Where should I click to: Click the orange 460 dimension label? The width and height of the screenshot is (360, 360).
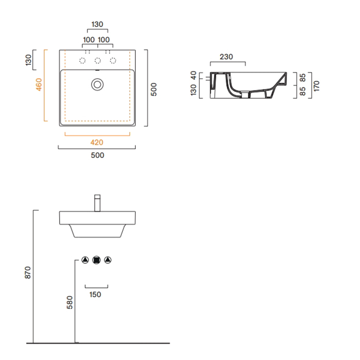(39, 84)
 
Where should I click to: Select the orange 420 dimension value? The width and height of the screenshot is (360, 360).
(97, 142)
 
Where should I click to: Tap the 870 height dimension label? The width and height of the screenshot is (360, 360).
(28, 273)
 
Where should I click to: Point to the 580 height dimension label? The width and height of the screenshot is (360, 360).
(69, 302)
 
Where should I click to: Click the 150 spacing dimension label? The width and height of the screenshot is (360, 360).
(95, 295)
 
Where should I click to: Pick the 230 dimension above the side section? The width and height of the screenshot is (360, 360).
(226, 57)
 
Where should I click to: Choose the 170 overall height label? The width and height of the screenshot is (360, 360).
(316, 86)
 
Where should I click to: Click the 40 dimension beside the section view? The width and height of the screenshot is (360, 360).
(193, 75)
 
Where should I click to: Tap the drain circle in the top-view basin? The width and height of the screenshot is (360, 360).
(97, 84)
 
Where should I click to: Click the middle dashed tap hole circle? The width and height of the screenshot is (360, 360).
(98, 61)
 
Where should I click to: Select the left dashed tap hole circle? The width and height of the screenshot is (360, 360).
(82, 61)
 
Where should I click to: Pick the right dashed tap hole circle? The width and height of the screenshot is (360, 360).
(113, 61)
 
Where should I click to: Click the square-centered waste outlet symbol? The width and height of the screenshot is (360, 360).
(97, 260)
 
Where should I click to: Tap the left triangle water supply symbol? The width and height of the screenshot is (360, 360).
(85, 260)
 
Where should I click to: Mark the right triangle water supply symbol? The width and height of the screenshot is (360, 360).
(107, 260)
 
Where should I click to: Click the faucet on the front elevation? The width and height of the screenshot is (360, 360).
(97, 203)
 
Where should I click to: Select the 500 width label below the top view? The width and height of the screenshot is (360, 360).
(97, 155)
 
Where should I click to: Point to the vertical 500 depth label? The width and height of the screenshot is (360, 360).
(154, 89)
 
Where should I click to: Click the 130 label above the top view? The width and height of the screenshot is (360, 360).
(97, 24)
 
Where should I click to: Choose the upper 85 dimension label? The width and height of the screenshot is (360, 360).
(302, 78)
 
